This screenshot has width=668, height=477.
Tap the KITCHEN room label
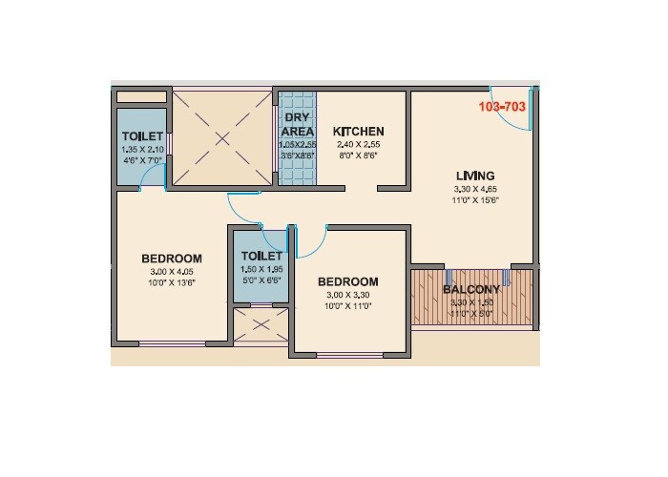(x=358, y=132)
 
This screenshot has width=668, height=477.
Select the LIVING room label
(x=475, y=176)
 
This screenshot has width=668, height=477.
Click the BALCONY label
(x=471, y=290)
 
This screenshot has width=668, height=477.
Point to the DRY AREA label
(x=297, y=124)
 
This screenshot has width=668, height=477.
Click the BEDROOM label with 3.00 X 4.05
(x=172, y=259)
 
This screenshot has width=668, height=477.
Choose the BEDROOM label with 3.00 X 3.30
(x=347, y=282)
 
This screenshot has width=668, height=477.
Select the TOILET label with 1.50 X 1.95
(x=261, y=257)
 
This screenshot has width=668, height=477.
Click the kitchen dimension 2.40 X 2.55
(x=358, y=144)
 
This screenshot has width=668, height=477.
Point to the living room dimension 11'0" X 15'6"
(x=476, y=200)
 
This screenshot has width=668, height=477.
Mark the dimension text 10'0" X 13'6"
(x=172, y=283)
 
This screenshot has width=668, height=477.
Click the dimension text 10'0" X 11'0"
(x=347, y=306)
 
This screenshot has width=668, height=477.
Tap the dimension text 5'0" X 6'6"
(x=261, y=281)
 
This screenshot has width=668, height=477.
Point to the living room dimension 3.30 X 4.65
(x=475, y=189)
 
